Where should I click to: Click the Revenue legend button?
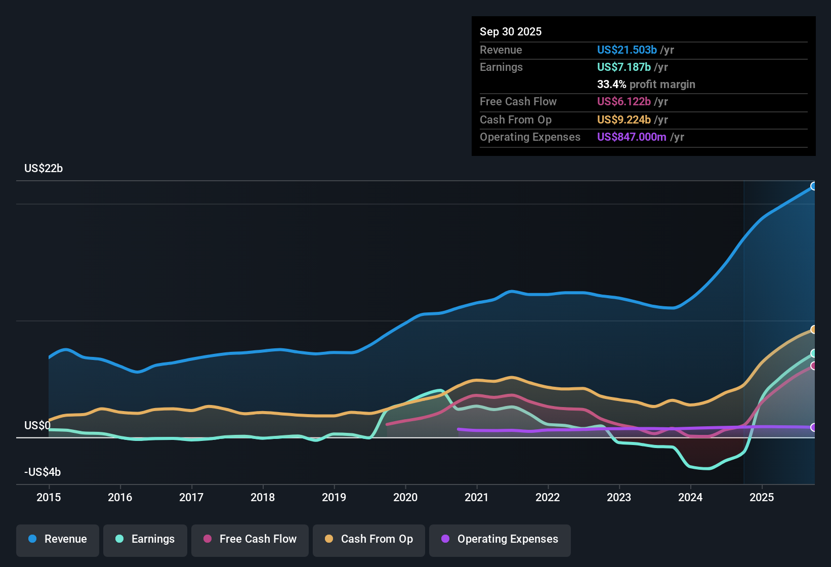(x=58, y=539)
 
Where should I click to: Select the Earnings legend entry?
(x=145, y=539)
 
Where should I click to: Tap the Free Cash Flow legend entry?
(x=250, y=539)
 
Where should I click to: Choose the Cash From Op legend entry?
(x=369, y=539)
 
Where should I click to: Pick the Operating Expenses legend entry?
(x=500, y=539)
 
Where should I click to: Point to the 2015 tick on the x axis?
(x=49, y=497)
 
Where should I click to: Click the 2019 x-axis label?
(x=334, y=497)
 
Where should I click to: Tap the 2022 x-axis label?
(x=548, y=497)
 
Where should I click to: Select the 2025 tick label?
(x=762, y=497)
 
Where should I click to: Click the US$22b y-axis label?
(x=44, y=169)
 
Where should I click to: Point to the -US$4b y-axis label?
(x=43, y=472)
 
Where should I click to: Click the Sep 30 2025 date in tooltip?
(x=511, y=31)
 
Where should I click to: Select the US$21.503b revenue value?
(x=627, y=50)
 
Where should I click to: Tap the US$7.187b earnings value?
(x=624, y=67)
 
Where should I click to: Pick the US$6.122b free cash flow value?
(x=624, y=101)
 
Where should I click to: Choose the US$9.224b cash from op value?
(x=624, y=119)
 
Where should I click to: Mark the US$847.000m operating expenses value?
(x=632, y=137)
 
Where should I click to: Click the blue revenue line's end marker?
(x=813, y=186)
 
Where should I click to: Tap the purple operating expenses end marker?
(x=813, y=427)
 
